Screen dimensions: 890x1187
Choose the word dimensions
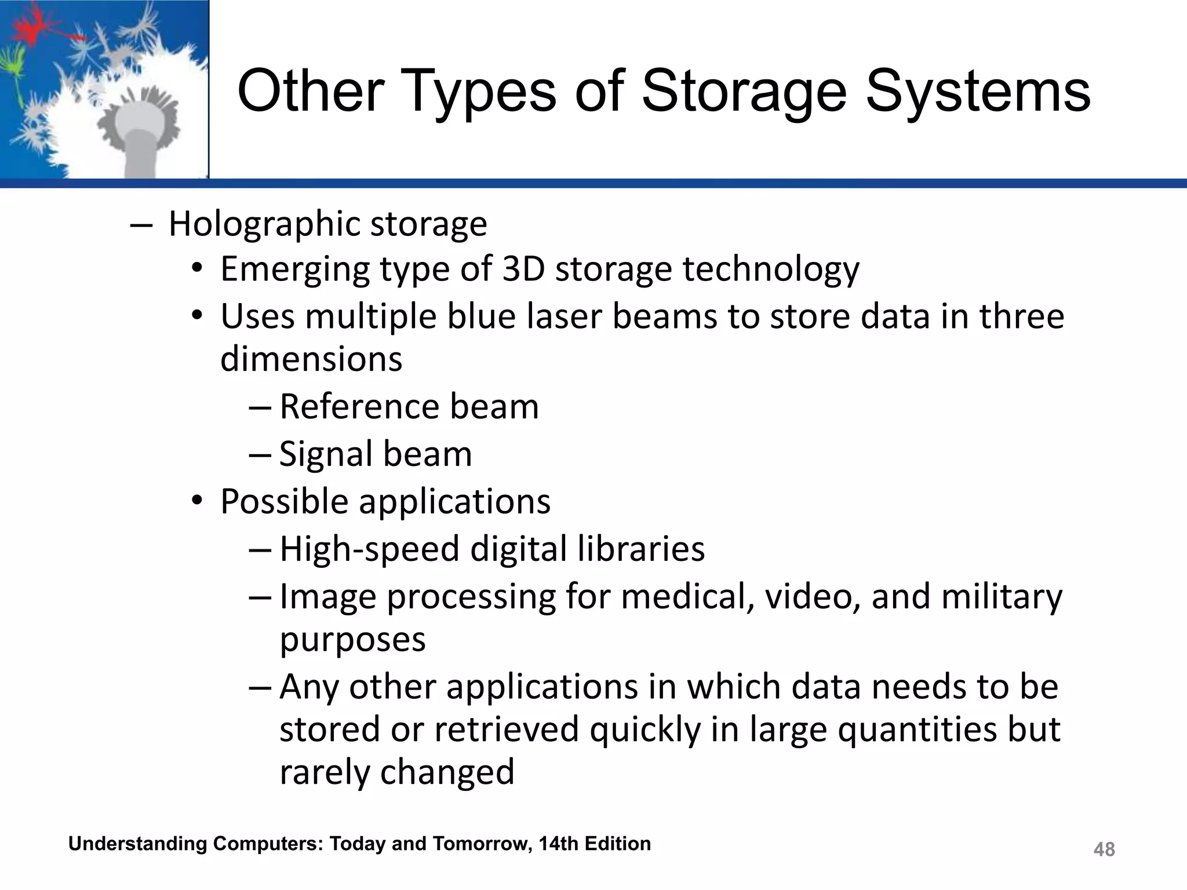pyautogui.click(x=311, y=359)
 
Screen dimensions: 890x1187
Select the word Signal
pyautogui.click(x=326, y=454)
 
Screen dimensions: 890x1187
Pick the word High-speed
pyautogui.click(x=370, y=549)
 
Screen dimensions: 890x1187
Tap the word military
pyautogui.click(x=1002, y=597)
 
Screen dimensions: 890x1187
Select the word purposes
pyautogui.click(x=352, y=640)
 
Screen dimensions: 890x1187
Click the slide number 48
pyautogui.click(x=1104, y=849)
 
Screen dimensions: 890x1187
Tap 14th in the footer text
pyautogui.click(x=559, y=844)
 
